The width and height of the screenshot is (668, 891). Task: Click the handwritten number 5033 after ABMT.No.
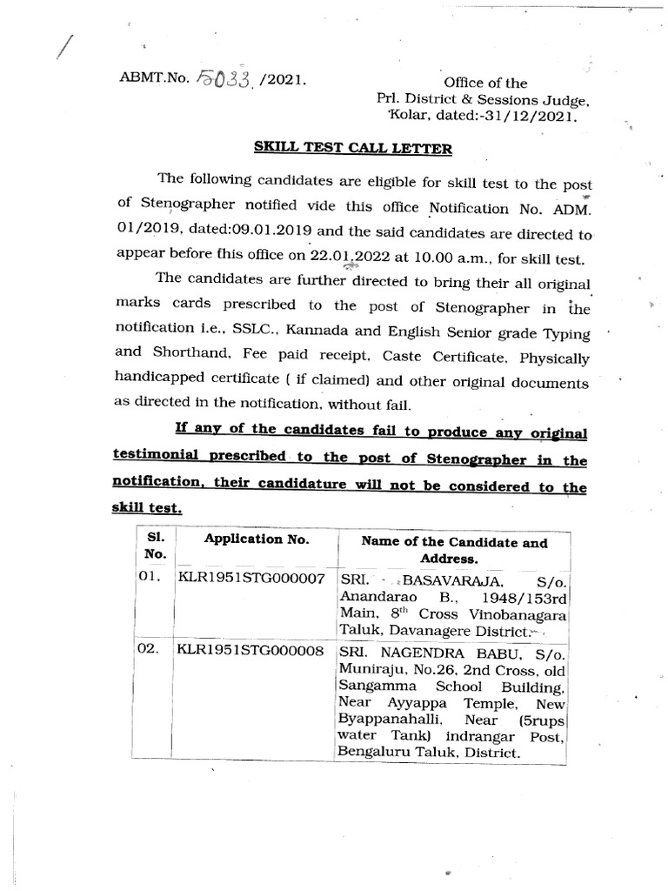click(220, 81)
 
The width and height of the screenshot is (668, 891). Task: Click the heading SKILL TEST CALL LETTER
click(352, 148)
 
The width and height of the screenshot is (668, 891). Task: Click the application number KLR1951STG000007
click(251, 578)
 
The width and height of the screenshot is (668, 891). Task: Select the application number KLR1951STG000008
click(251, 650)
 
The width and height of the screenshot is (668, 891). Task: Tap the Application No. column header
click(256, 539)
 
